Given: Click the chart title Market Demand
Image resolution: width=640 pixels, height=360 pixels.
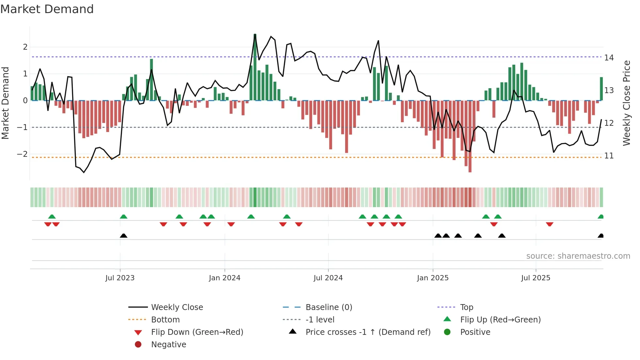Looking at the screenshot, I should [47, 9].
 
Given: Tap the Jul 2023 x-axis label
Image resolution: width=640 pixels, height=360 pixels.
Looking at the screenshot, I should [120, 278].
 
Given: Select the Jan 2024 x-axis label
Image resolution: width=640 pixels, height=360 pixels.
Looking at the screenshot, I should [225, 278].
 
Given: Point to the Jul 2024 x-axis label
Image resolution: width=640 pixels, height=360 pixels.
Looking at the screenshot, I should [328, 278].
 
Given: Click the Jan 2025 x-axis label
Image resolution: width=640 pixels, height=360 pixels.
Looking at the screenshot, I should [433, 278].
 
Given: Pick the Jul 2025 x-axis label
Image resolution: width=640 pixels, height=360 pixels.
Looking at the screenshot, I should [536, 278].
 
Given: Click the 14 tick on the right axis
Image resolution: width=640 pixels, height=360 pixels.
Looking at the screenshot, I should [609, 58].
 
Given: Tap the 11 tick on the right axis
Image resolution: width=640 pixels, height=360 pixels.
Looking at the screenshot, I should [609, 156].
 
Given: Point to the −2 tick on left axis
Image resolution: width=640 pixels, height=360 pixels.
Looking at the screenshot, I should [22, 154].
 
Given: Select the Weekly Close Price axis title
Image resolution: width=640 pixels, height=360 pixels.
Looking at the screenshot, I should [627, 103].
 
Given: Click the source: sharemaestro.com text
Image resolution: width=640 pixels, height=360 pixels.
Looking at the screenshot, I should [578, 256].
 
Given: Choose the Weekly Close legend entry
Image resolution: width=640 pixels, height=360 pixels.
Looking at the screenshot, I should [177, 307].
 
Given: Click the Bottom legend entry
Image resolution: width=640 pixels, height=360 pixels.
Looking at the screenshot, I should [165, 320].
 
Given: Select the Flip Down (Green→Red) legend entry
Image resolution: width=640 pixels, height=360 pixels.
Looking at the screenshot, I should [197, 332].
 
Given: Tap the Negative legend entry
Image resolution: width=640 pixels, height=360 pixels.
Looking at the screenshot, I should [168, 345].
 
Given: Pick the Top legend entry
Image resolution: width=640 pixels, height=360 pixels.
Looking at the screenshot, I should [467, 307].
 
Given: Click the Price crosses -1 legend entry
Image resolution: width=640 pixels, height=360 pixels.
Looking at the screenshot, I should [368, 332].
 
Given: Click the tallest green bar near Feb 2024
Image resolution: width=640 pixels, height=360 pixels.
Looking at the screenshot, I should [255, 67].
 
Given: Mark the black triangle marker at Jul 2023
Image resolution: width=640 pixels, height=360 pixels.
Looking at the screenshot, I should [123, 236].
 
